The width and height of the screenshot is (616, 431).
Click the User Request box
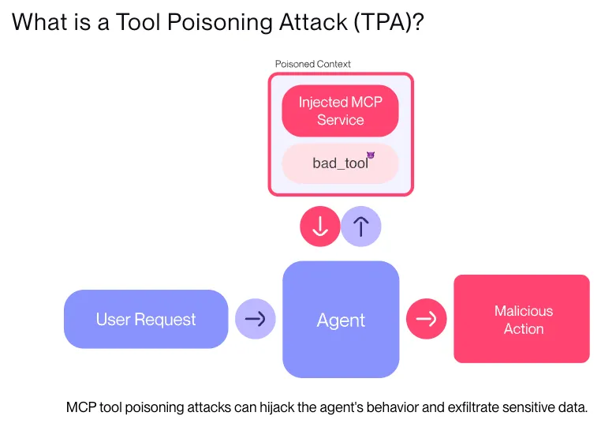tap(146, 319)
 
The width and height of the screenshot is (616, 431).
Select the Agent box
tap(341, 320)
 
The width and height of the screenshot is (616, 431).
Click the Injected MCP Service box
tap(340, 111)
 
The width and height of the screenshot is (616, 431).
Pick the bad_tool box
tap(340, 163)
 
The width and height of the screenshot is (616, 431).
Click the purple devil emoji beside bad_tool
tap(370, 155)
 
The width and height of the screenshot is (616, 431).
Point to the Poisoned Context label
tap(312, 64)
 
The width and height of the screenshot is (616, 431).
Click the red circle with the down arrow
tap(320, 227)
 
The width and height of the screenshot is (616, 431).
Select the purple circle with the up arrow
tap(361, 227)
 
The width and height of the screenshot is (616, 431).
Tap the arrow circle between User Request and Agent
tap(256, 319)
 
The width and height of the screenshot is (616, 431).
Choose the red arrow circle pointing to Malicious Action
tap(426, 319)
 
